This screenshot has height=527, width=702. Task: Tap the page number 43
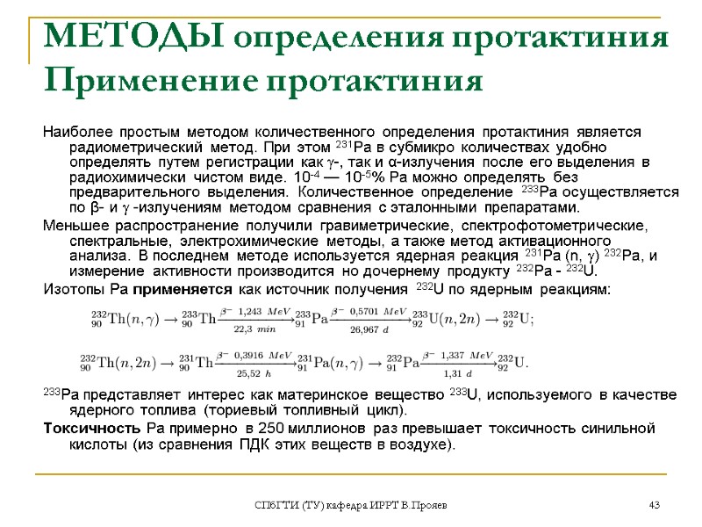coord(653,505)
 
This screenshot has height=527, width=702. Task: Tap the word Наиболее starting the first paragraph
coord(78,130)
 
